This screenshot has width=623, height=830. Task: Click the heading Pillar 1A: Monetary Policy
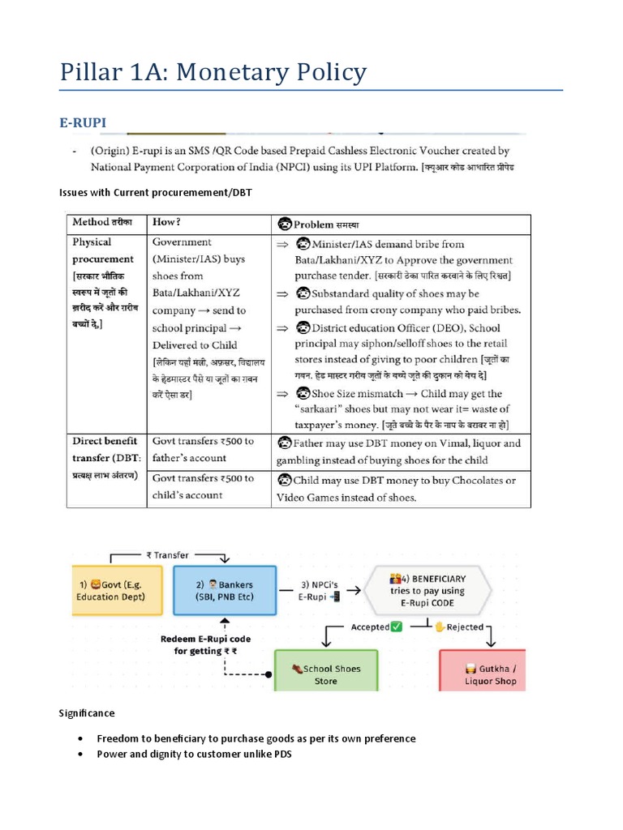[213, 72]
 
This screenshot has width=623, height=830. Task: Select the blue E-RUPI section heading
[83, 122]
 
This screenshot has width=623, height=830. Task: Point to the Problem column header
[319, 224]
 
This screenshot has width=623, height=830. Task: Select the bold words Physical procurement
[103, 250]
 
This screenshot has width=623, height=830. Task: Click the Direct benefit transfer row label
[105, 449]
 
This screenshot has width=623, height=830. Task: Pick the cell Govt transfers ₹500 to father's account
[204, 450]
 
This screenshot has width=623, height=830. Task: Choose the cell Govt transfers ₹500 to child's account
[204, 486]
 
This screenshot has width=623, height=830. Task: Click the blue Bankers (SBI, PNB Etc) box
[224, 590]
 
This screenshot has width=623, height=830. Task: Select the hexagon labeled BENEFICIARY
[427, 590]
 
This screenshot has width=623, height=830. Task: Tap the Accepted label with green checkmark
[376, 627]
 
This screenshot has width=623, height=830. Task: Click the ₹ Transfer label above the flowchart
[167, 555]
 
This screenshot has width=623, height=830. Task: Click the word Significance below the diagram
[87, 713]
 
